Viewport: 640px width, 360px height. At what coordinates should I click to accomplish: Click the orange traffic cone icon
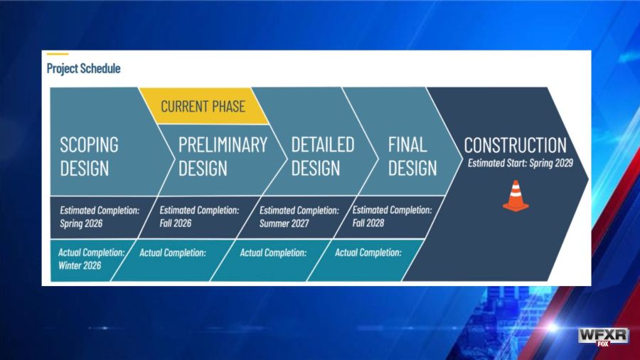[x=516, y=196]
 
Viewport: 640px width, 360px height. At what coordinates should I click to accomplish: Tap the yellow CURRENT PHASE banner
[x=203, y=106]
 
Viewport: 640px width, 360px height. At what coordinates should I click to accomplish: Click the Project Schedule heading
[x=83, y=68]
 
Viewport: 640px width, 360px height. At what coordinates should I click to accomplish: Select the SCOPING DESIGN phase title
[x=90, y=157]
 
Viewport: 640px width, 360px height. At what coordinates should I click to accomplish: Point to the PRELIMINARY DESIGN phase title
[x=223, y=157]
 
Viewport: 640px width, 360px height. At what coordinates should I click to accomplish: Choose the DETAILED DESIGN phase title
[x=322, y=157]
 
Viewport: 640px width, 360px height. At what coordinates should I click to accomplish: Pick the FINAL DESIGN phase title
[x=412, y=157]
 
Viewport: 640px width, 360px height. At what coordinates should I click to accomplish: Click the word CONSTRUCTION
[x=515, y=145]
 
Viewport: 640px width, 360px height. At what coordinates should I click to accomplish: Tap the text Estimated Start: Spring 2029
[x=521, y=163]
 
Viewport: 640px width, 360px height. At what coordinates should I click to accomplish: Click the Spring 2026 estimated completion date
[x=81, y=223]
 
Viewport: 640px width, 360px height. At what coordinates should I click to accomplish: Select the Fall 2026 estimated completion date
[x=176, y=223]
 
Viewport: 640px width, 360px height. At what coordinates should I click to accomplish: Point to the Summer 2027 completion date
[x=284, y=223]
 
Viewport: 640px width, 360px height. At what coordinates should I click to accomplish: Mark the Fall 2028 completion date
[x=368, y=223]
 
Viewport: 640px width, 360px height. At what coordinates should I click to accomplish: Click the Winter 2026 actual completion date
[x=80, y=265]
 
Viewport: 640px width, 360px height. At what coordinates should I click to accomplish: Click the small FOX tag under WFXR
[x=603, y=344]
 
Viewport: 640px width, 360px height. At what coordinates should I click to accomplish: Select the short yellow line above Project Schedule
[x=58, y=54]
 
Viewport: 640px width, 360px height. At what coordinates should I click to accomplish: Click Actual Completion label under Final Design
[x=368, y=253]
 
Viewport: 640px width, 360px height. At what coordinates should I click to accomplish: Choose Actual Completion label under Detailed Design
[x=273, y=253]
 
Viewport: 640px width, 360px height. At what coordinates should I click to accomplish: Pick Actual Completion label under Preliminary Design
[x=173, y=253]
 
